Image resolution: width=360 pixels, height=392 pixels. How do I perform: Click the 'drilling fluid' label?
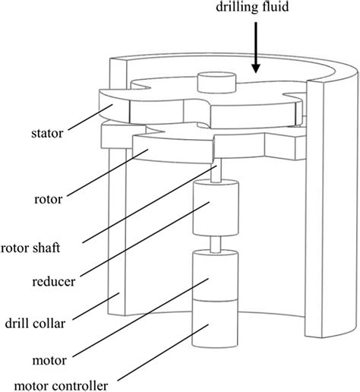coord(252,6)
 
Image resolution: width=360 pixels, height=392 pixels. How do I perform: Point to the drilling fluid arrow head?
coord(256,68)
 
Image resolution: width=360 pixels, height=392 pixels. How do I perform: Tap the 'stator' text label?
coord(47,133)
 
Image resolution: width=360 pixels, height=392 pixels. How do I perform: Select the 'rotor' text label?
coord(48,199)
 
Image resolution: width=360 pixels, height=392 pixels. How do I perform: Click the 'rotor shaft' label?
coord(30,248)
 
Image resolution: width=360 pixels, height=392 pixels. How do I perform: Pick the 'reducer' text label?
coord(54,282)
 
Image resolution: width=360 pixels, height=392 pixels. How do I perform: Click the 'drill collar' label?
coord(35,324)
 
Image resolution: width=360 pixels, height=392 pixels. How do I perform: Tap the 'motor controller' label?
coord(61,386)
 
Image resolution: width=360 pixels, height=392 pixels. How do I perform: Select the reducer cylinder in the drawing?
coord(216,207)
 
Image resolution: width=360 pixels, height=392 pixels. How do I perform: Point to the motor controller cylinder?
coord(215,323)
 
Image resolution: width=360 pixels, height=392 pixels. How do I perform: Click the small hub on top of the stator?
coord(216,83)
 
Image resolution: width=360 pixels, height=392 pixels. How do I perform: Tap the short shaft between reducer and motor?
coord(216,244)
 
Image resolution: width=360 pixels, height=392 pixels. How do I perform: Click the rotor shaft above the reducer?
coord(216,170)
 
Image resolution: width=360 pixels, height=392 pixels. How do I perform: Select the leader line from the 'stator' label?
coord(90,117)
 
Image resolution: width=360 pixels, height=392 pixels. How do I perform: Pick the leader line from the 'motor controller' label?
coord(163,352)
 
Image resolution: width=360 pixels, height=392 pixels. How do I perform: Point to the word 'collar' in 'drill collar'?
coord(50,324)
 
